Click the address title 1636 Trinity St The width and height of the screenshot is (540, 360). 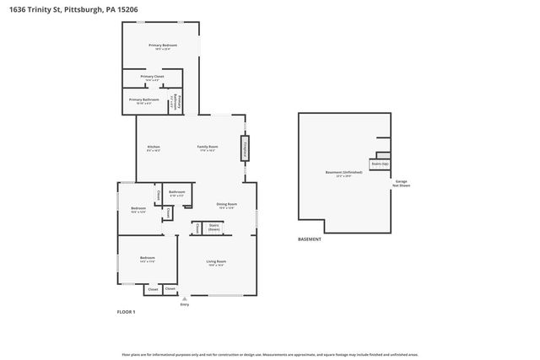click(71, 9)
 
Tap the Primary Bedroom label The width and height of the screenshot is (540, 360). click(162, 46)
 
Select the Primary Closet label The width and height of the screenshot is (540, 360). click(152, 78)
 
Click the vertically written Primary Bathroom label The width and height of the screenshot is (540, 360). click(174, 101)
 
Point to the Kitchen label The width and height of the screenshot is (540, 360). click(154, 148)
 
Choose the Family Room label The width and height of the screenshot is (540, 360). click(208, 148)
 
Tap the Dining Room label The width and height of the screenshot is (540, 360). click(226, 205)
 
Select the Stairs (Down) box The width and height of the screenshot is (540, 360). click(214, 228)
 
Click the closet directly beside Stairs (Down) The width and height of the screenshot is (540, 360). click(197, 228)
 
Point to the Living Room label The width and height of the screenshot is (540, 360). click(216, 262)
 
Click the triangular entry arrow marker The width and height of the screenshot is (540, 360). click(184, 298)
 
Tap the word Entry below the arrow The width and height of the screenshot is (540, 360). click(184, 304)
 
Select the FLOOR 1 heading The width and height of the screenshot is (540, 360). click(126, 312)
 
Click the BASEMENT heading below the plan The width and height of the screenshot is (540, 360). click(310, 239)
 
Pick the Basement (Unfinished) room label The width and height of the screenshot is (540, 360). click(343, 173)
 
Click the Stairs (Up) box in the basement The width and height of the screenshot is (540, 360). click(379, 164)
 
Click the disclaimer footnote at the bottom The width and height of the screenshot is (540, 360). click(269, 354)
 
